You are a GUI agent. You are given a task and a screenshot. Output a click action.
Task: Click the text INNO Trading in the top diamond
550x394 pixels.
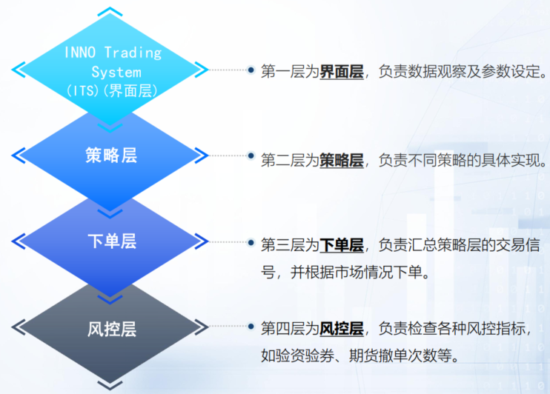112,53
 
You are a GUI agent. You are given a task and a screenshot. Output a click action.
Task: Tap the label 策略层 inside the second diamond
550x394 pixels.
111,156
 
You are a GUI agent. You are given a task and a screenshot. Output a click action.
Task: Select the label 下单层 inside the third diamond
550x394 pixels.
111,241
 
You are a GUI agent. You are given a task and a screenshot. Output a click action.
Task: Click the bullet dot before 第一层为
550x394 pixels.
251,71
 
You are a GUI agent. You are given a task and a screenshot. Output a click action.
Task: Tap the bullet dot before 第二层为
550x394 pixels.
251,158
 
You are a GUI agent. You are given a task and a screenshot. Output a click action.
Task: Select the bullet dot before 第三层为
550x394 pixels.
251,244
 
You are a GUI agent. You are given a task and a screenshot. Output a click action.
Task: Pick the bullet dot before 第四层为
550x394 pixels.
251,327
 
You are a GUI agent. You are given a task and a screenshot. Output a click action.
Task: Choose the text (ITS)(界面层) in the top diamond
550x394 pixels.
111,91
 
